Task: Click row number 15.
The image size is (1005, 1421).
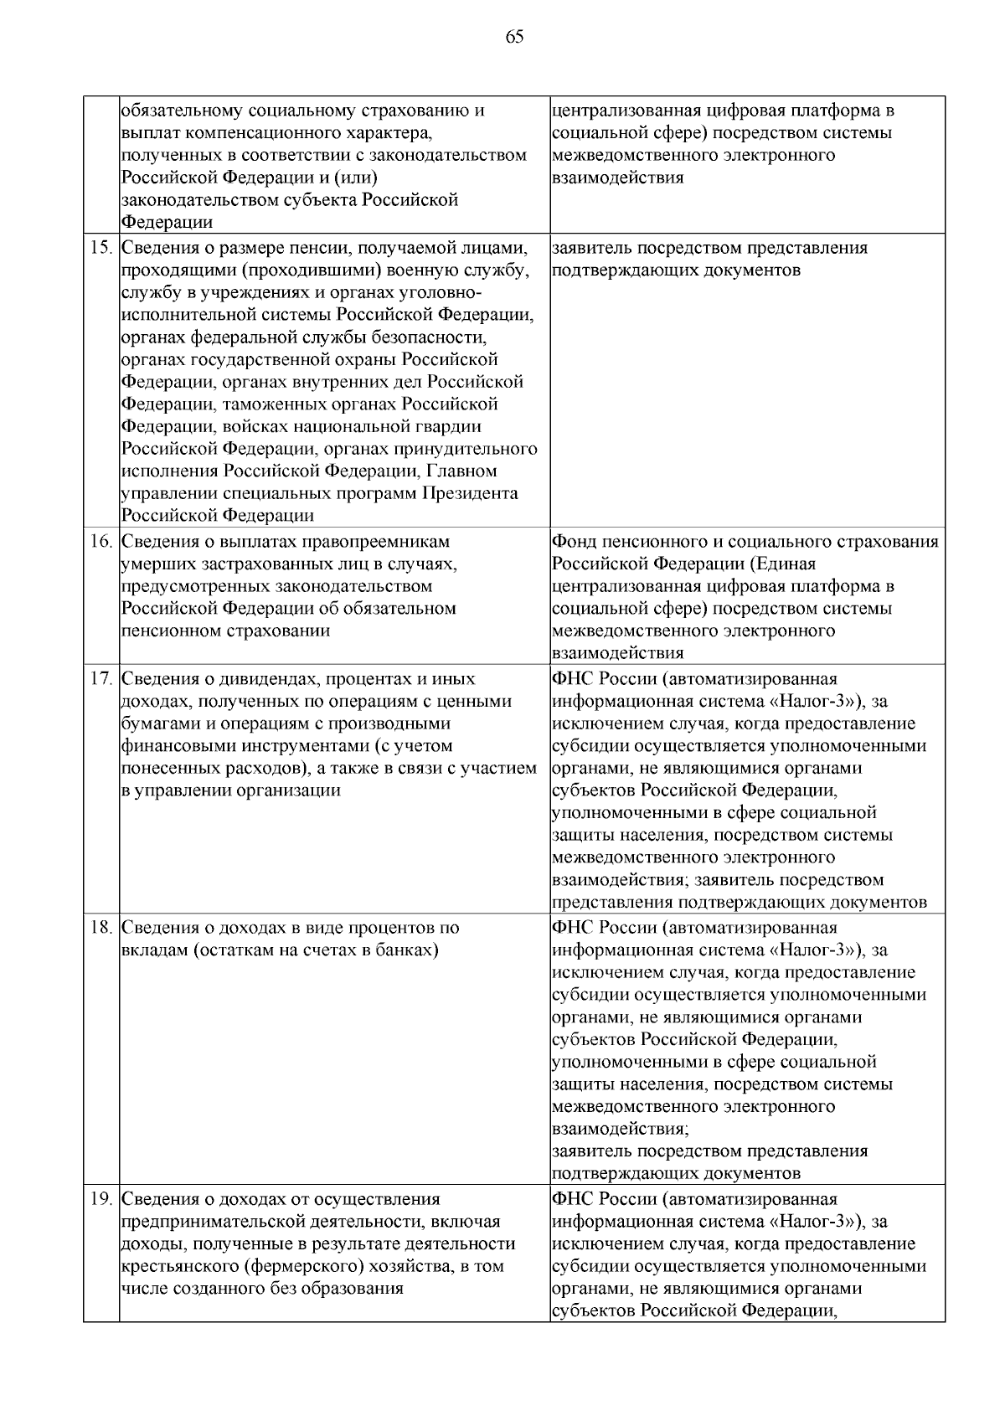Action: [x=100, y=249]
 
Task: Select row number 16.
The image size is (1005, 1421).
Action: [x=100, y=542]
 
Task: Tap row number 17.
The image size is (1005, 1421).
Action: [x=100, y=679]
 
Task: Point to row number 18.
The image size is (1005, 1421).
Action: [x=100, y=929]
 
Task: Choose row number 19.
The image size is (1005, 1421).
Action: [x=100, y=1200]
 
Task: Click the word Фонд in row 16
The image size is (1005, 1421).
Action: [x=572, y=542]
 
